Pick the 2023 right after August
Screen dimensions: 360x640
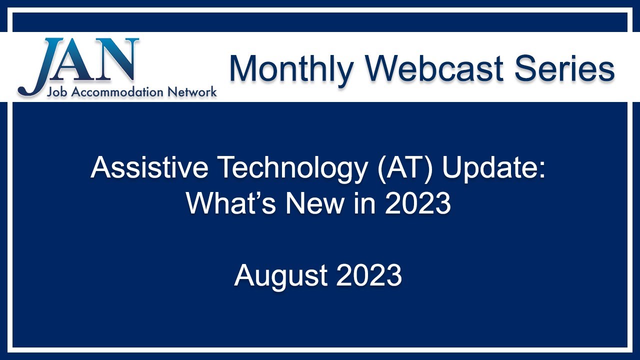(x=369, y=275)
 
